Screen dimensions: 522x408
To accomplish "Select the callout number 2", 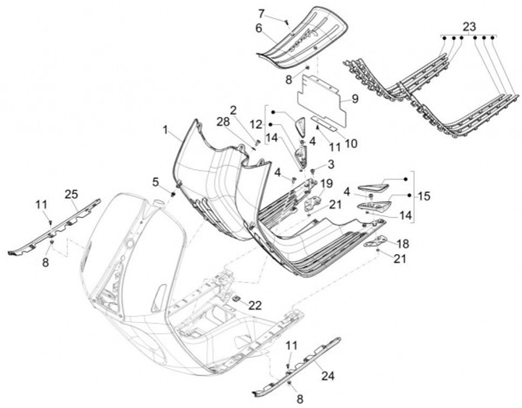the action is [233, 110].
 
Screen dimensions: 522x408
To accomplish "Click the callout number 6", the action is [258, 28].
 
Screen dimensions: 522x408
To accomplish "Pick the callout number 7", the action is [262, 13].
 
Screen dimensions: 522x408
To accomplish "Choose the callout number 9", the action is [355, 99].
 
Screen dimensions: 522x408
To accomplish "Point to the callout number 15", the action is [423, 197].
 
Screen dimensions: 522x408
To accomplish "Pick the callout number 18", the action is [403, 243].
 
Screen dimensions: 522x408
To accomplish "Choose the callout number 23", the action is [469, 26].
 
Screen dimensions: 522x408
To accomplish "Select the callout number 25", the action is [70, 195].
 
